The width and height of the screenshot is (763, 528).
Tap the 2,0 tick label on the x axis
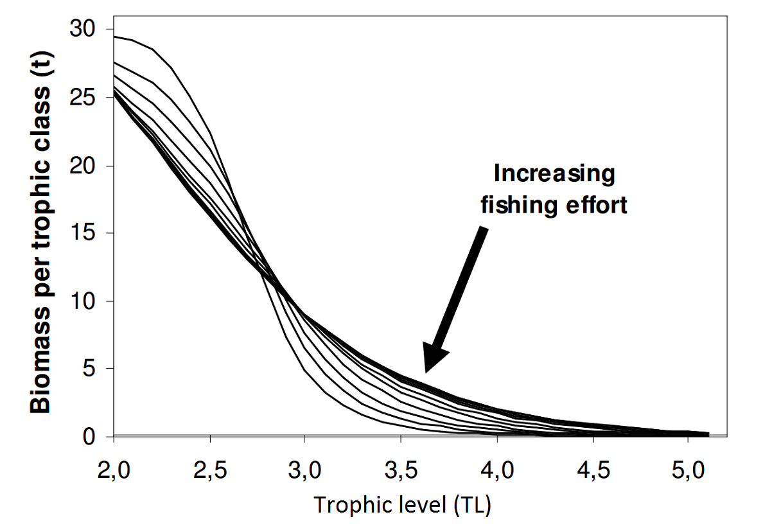click(x=114, y=463)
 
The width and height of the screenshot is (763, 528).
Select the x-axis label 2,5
click(x=209, y=463)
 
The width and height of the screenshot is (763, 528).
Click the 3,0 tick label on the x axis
click(x=305, y=463)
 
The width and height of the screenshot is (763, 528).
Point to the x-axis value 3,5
click(x=401, y=463)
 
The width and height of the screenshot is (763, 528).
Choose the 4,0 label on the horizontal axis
click(x=496, y=463)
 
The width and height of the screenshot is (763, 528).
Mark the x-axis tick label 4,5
click(x=592, y=463)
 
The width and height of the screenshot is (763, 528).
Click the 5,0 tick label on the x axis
click(x=688, y=463)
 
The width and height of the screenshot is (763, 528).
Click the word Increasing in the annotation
click(x=554, y=174)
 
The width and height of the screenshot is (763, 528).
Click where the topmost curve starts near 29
click(x=114, y=37)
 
